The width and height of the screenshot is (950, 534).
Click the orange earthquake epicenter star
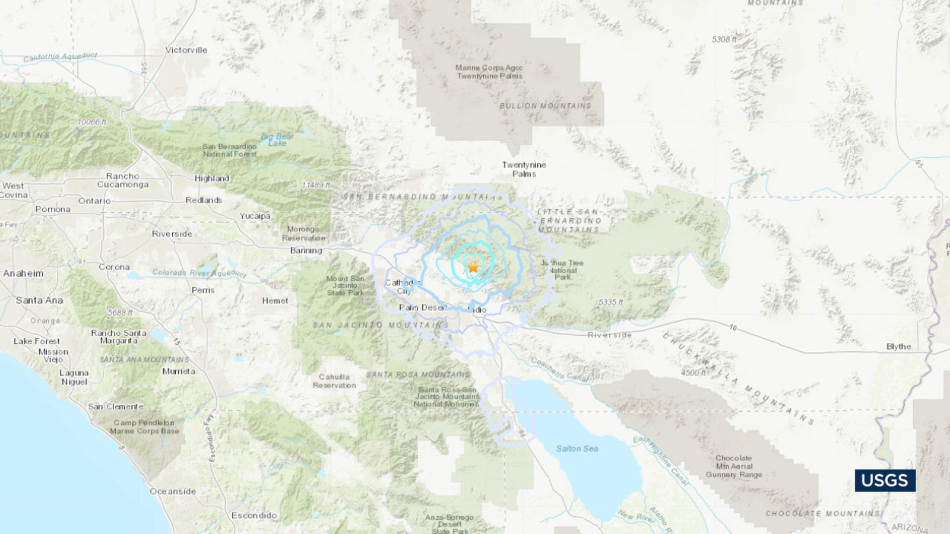[473, 268]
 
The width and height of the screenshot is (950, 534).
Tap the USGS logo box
[885, 480]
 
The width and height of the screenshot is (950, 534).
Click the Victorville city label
[186, 50]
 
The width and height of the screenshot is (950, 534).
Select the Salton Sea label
[577, 449]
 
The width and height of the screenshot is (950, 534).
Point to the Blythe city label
[898, 347]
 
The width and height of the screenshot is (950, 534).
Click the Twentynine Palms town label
[524, 169]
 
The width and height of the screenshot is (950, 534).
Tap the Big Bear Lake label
[277, 139]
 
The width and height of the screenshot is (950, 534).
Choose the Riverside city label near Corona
[172, 234]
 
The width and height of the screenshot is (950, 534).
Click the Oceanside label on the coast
[173, 491]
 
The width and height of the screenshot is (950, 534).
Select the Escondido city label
[254, 515]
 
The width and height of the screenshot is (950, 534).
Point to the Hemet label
[275, 301]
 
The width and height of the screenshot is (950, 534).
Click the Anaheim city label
[23, 274]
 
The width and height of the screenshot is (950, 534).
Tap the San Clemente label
[116, 406]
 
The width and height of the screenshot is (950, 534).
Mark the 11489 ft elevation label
[316, 185]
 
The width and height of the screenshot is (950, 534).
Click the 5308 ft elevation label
[724, 39]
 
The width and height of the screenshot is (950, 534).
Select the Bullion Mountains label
[545, 106]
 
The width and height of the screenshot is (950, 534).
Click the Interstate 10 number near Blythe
[733, 328]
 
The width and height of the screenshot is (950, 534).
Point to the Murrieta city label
[179, 371]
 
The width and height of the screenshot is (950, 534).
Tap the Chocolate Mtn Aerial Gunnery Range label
[734, 466]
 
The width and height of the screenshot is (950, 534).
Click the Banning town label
[306, 250]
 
